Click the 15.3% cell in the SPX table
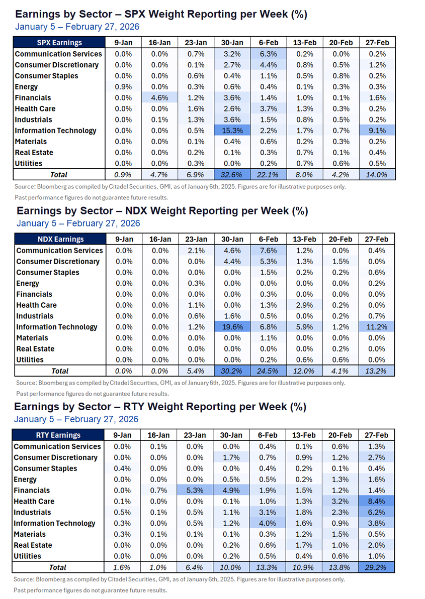click(231, 131)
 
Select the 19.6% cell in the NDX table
click(231, 327)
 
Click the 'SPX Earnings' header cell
click(59, 43)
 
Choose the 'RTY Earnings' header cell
click(59, 435)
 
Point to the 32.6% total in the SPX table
click(231, 175)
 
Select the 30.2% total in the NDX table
click(231, 371)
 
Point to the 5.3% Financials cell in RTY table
click(196, 490)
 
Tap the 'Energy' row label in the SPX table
click(26, 87)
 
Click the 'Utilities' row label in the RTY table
click(28, 556)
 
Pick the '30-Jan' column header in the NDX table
click(231, 239)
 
